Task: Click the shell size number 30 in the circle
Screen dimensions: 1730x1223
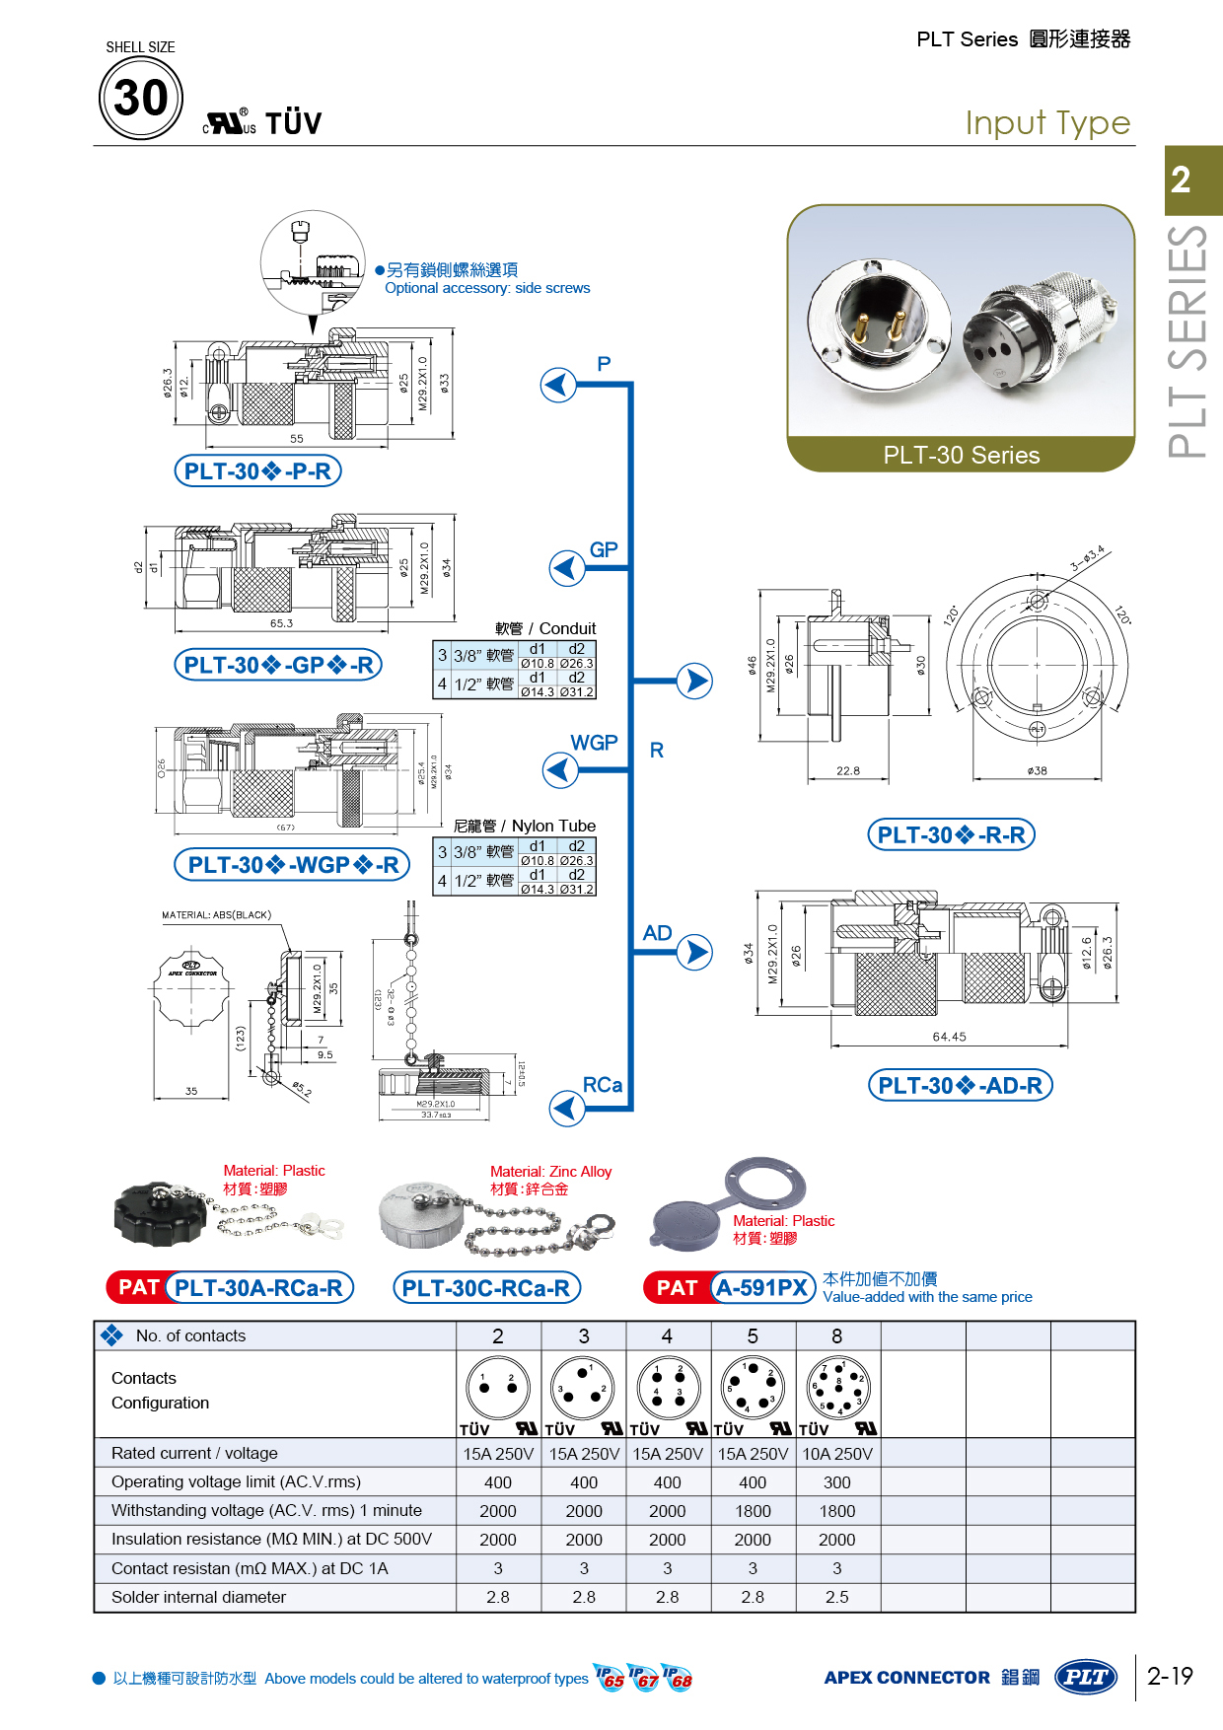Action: [141, 98]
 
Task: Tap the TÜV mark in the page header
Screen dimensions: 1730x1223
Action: [293, 123]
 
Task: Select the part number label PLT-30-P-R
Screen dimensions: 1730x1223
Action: [257, 471]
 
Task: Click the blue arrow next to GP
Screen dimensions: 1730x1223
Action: [566, 568]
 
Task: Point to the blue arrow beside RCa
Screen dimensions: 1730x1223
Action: [566, 1108]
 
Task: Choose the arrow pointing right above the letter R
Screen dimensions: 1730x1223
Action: [695, 681]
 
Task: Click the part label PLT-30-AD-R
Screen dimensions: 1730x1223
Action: [960, 1086]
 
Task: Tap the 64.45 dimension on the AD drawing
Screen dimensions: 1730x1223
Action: [949, 1037]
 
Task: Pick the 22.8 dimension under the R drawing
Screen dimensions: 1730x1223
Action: [847, 771]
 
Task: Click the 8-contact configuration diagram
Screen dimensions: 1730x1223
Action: [837, 1387]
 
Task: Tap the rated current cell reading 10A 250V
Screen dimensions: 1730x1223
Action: [837, 1454]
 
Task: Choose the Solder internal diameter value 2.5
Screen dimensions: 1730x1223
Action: [837, 1597]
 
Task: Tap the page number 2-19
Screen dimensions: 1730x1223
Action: [1170, 1676]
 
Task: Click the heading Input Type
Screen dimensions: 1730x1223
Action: [1047, 123]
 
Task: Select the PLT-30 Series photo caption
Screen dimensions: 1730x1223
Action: [961, 455]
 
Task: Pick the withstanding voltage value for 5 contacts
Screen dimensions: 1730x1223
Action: [753, 1511]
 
